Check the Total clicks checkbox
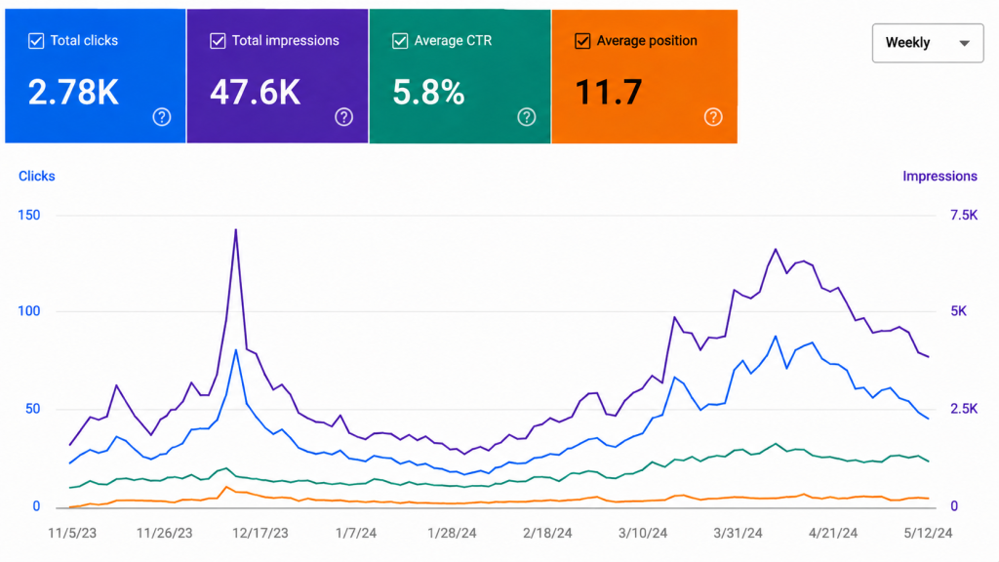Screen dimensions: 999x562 [x=36, y=41]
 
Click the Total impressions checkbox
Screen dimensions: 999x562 [x=218, y=41]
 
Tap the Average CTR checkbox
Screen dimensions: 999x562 [x=399, y=41]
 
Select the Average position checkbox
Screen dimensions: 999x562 [x=582, y=41]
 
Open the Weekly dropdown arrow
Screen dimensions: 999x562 [x=965, y=43]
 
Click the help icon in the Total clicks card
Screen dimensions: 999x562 [x=162, y=117]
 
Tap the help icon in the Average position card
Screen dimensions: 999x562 [x=713, y=117]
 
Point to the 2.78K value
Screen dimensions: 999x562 [x=73, y=93]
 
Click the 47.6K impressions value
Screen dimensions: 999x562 [x=255, y=93]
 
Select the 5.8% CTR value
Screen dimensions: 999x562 [x=428, y=93]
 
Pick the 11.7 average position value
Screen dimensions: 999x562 [x=609, y=93]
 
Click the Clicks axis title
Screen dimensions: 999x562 [x=36, y=176]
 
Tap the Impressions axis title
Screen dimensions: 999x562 [x=939, y=176]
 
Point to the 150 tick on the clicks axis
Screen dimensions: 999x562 [x=28, y=215]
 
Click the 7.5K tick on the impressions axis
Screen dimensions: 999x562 [x=963, y=215]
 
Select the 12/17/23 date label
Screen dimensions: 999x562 [x=260, y=533]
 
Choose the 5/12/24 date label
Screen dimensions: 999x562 [x=929, y=533]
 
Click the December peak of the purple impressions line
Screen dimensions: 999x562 [x=236, y=230]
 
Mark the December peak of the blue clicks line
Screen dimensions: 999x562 [x=236, y=350]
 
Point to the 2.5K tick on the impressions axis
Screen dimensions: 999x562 [x=963, y=409]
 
